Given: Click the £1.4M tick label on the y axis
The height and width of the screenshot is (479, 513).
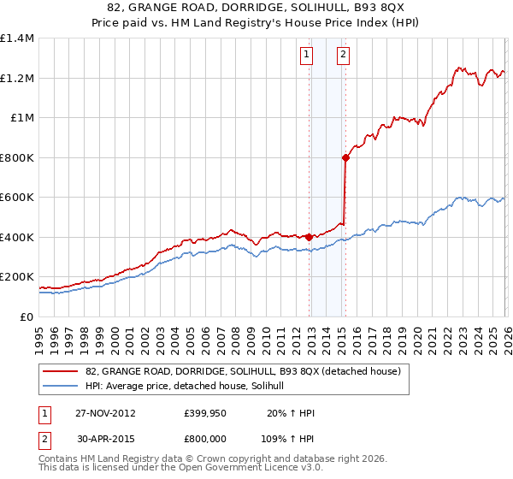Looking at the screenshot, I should [17, 38].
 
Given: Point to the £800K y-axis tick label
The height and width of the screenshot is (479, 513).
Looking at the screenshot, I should [17, 157].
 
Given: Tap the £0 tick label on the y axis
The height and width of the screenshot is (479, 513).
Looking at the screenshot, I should [26, 317].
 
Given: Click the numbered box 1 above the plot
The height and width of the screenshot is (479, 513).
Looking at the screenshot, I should [306, 56].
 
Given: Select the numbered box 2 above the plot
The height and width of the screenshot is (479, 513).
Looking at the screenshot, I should [343, 56].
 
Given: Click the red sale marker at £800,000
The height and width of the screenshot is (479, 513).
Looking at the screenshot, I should [345, 157].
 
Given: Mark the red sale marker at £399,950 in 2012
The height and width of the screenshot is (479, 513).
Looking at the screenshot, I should [309, 237].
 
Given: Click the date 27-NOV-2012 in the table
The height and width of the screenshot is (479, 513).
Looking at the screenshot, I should [106, 413].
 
